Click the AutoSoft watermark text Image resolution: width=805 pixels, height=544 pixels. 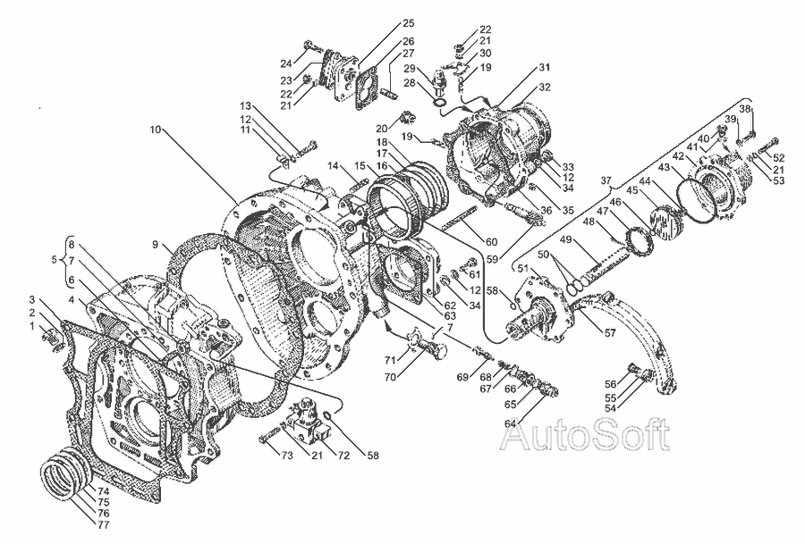point(586,435)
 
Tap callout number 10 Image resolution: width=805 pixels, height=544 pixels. point(156,130)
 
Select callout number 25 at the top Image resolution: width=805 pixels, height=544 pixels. point(409,23)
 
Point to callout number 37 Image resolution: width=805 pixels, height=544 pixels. point(606,180)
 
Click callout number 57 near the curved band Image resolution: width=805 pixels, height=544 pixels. point(609,333)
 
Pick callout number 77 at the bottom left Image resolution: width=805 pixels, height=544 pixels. point(103,525)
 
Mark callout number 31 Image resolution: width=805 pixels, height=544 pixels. point(544,67)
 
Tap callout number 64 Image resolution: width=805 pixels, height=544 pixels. point(510,423)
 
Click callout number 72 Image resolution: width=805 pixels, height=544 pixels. point(343,455)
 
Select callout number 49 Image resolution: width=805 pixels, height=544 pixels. point(566,239)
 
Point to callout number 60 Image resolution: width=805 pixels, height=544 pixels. point(491,242)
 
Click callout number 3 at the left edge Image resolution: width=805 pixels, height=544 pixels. point(32,299)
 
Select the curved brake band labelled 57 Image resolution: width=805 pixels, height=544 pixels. point(626,339)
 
